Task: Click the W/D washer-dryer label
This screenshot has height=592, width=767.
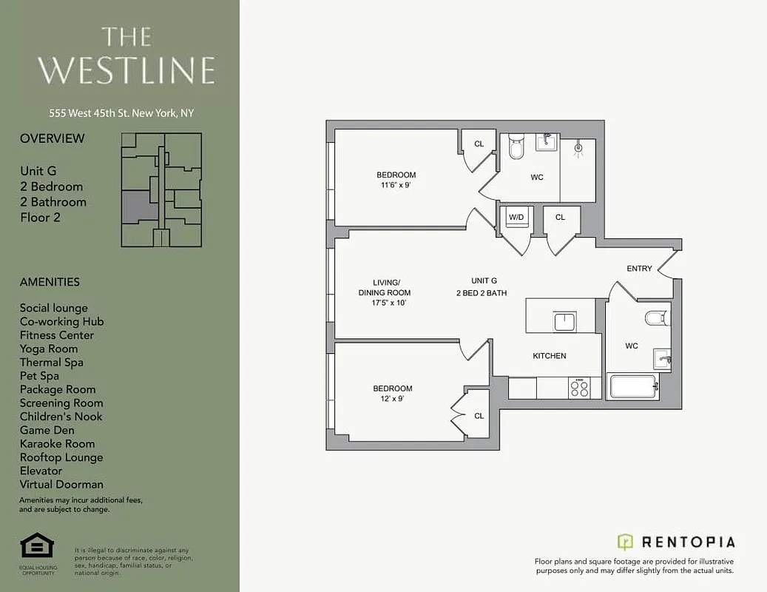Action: (x=515, y=217)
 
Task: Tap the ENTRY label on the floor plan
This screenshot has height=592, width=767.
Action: (x=639, y=268)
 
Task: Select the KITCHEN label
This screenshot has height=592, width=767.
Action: (x=550, y=356)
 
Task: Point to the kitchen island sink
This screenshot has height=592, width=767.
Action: (x=564, y=321)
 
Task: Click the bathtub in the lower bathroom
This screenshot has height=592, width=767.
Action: (x=632, y=387)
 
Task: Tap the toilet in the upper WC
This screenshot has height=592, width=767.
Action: (x=516, y=147)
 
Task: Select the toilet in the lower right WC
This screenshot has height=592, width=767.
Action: (x=655, y=318)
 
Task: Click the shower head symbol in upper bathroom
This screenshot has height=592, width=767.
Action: (x=578, y=148)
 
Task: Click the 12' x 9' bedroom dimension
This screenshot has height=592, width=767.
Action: (x=392, y=399)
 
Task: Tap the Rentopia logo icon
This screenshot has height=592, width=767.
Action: (x=625, y=542)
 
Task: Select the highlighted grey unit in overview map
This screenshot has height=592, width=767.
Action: (x=139, y=205)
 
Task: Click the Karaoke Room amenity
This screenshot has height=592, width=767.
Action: (x=57, y=444)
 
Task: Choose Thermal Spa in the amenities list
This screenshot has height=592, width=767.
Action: (x=51, y=363)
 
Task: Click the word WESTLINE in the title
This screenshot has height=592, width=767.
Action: (x=126, y=70)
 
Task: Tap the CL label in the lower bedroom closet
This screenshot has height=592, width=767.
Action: (x=479, y=416)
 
